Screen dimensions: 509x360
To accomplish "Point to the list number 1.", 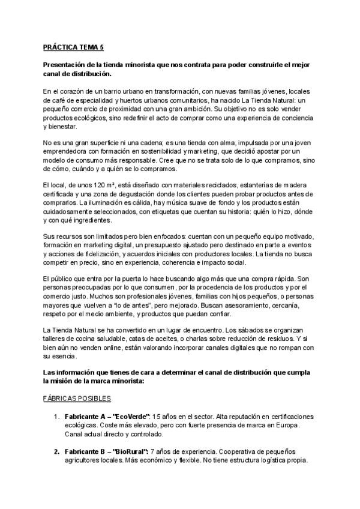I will coord(56,417).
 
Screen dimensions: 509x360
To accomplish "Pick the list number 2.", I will coord(56,451).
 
